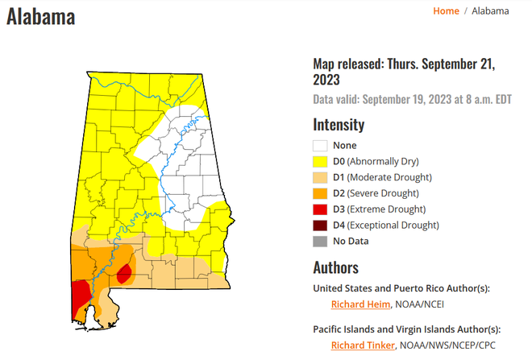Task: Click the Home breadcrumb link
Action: [446, 10]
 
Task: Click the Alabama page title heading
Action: [41, 16]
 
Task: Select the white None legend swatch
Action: [320, 146]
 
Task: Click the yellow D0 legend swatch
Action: [320, 162]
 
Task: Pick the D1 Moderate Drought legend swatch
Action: [320, 177]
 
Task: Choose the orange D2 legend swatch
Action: [320, 193]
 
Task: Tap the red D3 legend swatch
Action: [320, 209]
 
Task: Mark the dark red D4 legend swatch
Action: [320, 225]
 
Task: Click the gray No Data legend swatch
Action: [320, 240]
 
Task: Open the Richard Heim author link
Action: [360, 304]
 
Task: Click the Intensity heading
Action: [339, 125]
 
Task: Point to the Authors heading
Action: [335, 267]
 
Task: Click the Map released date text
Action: [403, 72]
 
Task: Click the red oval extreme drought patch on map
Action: [123, 275]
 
